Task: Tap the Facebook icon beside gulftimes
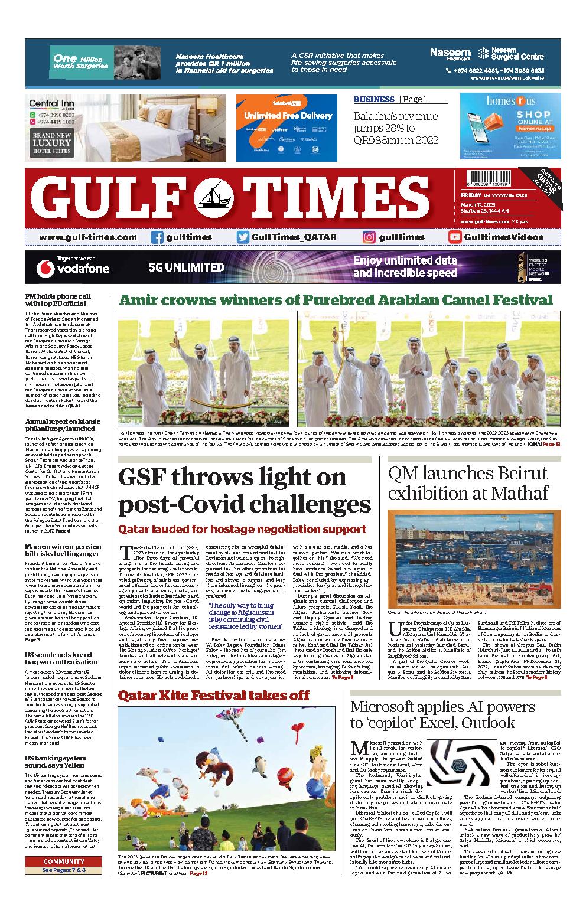(157, 237)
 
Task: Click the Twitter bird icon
(242, 237)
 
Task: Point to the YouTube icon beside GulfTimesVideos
(455, 237)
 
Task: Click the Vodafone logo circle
(44, 268)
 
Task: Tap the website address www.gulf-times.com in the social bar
(87, 237)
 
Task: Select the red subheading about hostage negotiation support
(242, 529)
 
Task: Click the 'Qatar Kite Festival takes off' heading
(213, 695)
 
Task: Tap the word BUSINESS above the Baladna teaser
(374, 99)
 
